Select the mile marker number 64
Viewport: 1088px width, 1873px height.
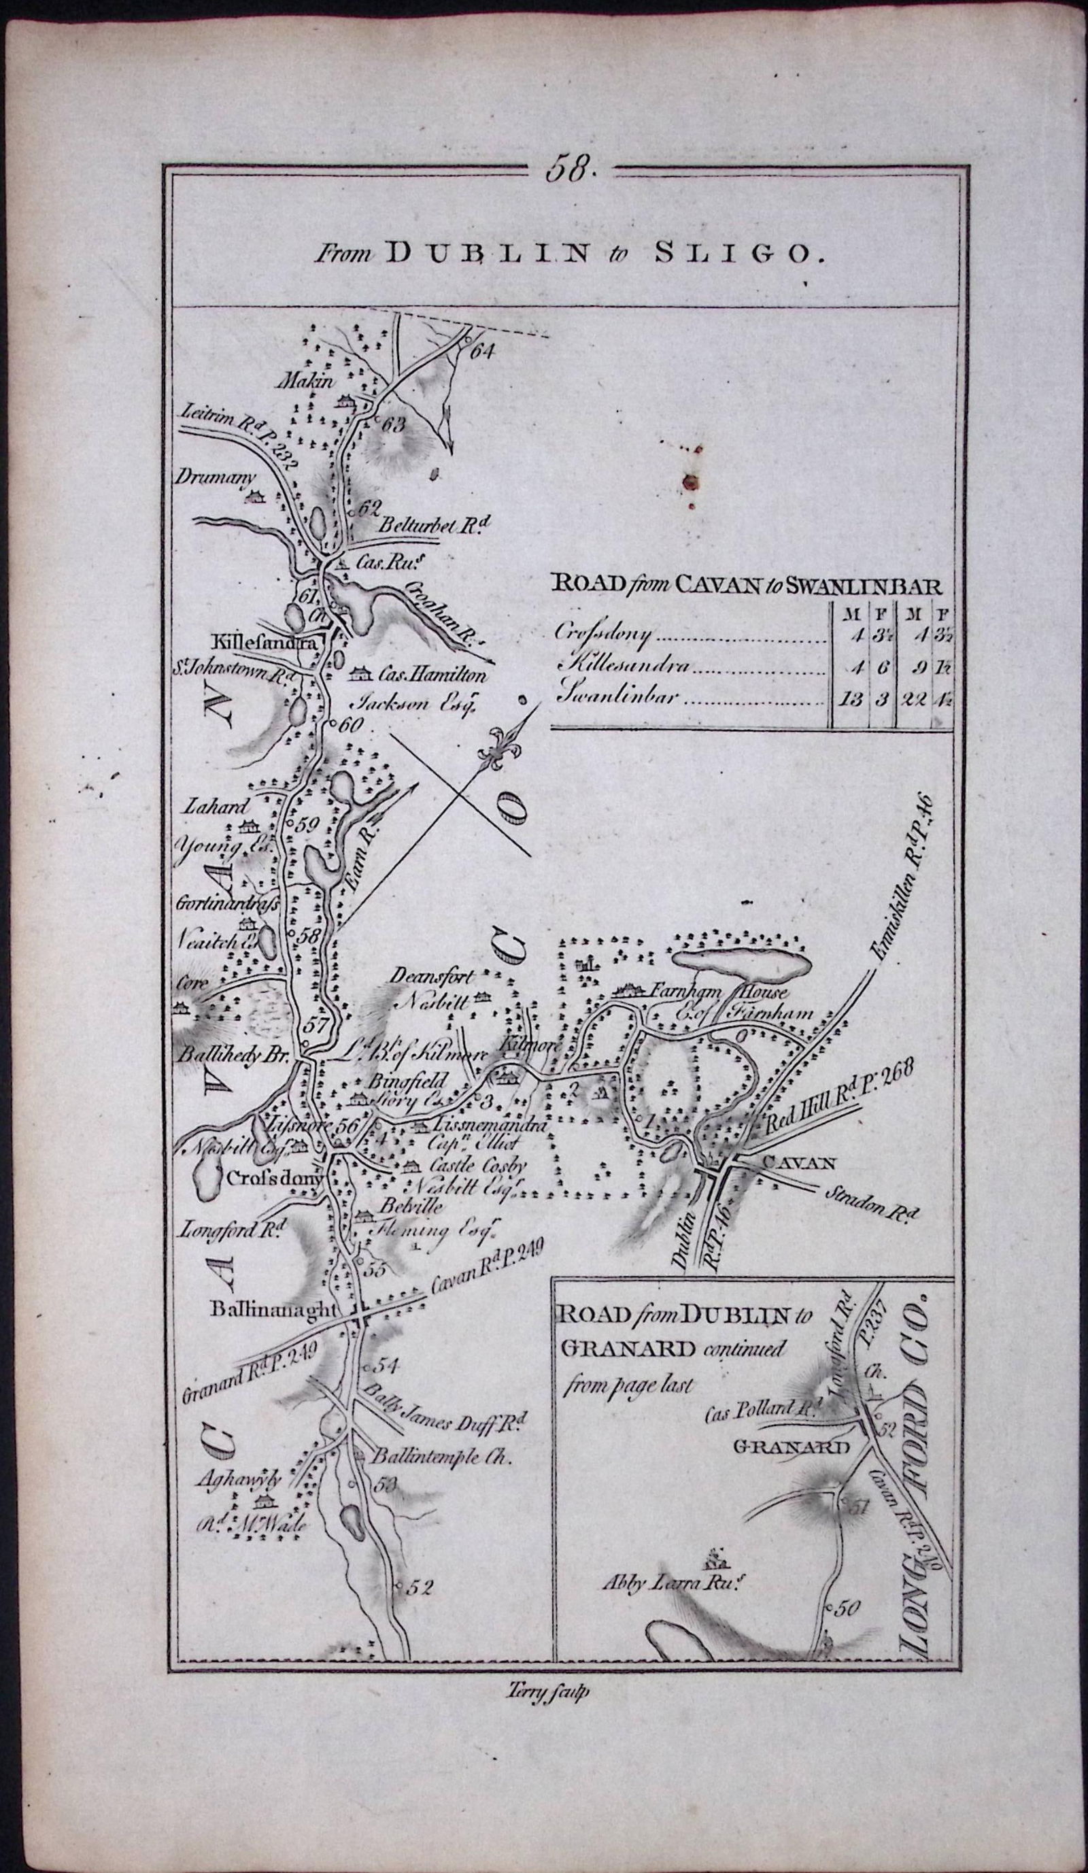(481, 352)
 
